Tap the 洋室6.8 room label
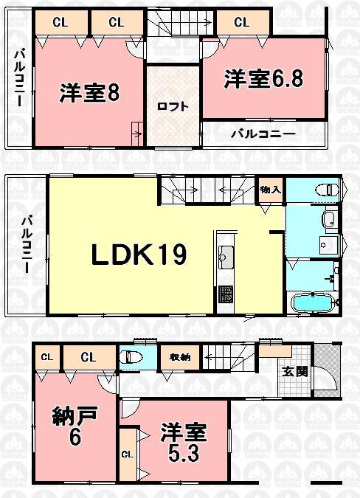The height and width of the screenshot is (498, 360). (263, 80)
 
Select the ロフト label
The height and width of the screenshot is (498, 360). (172, 106)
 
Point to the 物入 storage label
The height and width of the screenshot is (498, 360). (270, 190)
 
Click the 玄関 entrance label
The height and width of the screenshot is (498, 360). (290, 371)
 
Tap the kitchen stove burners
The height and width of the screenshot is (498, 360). (225, 294)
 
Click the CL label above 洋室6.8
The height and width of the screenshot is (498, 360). (241, 22)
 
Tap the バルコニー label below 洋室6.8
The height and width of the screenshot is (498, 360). (263, 134)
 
